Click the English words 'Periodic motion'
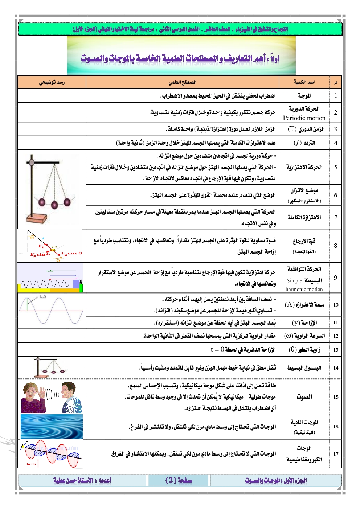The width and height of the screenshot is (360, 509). coord(304,118)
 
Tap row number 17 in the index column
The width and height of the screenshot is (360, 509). coord(336,453)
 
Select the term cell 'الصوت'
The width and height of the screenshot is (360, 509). coord(304,397)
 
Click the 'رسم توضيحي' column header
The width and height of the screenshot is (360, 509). coord(52,82)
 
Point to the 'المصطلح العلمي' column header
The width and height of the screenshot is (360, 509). coord(183,82)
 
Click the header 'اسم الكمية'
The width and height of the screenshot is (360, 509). coord(304,82)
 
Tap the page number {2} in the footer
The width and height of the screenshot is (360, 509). coord(179,480)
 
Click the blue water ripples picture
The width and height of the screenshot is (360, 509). coord(52,427)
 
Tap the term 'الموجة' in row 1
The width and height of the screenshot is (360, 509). coord(304,96)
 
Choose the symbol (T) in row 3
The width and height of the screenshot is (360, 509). coord(292,129)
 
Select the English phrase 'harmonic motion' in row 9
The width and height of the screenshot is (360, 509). coord(304,289)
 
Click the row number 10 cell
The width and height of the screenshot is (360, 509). coord(336,305)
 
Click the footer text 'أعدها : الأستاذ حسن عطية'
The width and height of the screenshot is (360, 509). coord(82,480)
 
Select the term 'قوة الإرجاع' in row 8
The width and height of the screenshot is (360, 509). coord(304,241)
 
